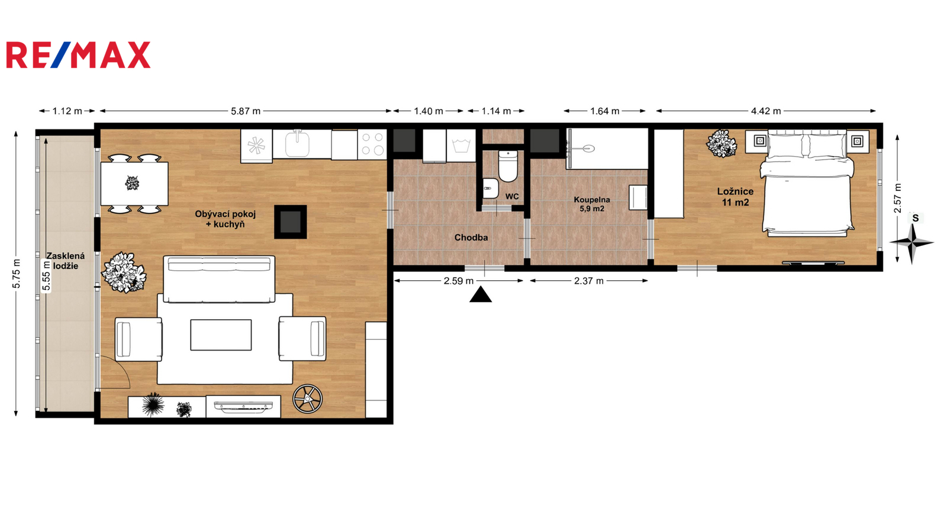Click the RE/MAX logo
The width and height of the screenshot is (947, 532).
tap(78, 55)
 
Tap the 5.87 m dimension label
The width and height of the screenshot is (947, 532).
tap(246, 111)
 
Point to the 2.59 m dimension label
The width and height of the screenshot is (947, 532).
tap(459, 281)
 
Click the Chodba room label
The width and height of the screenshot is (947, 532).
tap(471, 237)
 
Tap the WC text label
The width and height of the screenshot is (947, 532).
tap(512, 196)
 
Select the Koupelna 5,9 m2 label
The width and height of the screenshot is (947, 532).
tap(591, 204)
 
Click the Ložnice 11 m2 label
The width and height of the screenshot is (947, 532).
tap(735, 197)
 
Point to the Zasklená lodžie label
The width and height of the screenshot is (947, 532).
tap(66, 261)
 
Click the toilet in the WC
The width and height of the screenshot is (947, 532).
tap(508, 166)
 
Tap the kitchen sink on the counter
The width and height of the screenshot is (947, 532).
tap(298, 143)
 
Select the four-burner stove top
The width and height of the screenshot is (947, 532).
tap(372, 144)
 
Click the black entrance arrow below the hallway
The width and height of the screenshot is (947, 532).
tap(480, 295)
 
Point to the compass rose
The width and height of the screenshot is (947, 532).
tap(912, 242)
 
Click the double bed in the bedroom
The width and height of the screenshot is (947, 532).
tap(806, 181)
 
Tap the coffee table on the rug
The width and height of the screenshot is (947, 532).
tap(221, 335)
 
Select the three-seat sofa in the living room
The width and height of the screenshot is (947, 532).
tap(219, 279)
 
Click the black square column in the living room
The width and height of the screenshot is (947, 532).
tap(291, 222)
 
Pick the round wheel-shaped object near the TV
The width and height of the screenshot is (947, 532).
tap(307, 398)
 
